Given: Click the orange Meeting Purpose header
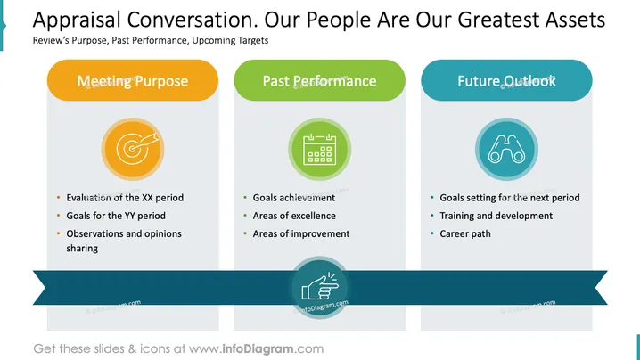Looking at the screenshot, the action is [133, 80].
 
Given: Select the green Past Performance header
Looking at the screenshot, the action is [320, 80].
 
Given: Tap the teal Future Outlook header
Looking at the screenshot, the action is [506, 80].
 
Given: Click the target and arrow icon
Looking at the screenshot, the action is [133, 149].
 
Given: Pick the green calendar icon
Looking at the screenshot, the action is [320, 149].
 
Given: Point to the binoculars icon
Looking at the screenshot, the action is [506, 149].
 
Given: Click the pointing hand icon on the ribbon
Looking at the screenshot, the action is [320, 287].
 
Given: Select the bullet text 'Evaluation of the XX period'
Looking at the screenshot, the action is [125, 198].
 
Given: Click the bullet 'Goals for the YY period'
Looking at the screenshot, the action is [116, 216].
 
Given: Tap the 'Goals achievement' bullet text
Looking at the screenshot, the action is [294, 198].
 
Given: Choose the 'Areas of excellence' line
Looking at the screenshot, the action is [294, 216].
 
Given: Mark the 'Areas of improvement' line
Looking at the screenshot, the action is [301, 233].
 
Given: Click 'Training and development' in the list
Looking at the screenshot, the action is [496, 216].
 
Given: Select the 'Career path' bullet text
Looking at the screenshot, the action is [465, 233].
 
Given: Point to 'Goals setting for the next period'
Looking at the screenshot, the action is [510, 198].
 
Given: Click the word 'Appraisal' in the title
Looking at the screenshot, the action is [77, 20].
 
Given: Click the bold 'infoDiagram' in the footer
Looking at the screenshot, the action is [258, 349].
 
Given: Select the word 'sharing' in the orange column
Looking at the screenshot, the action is [82, 249].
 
